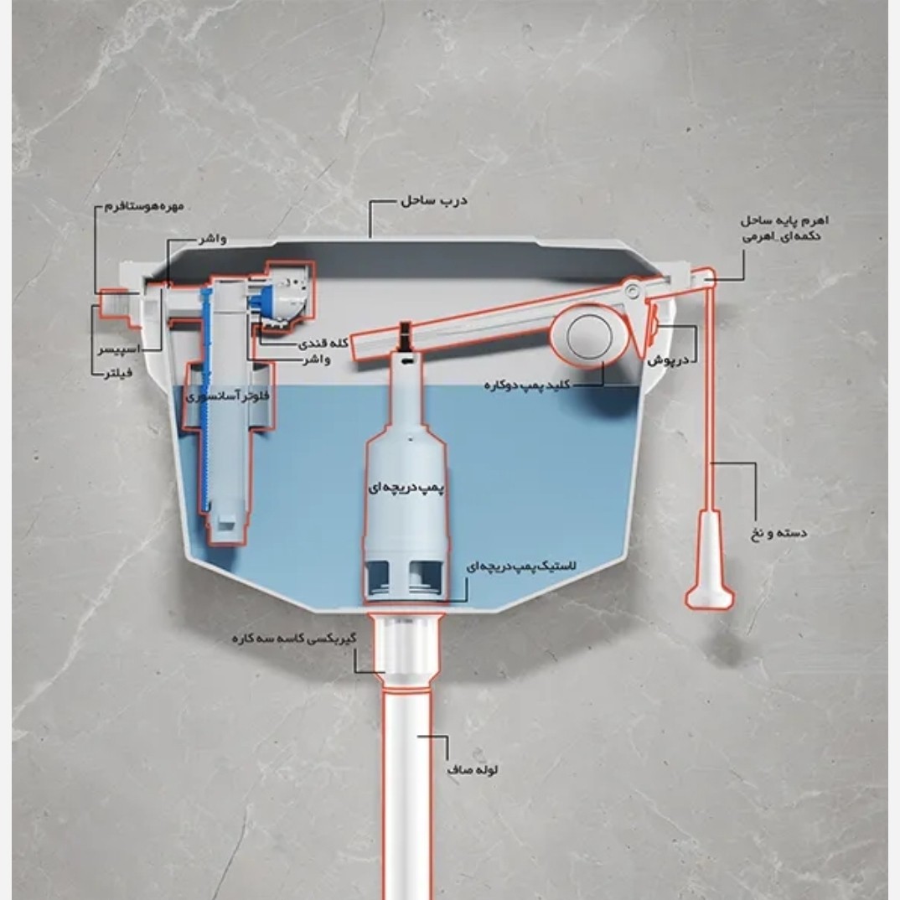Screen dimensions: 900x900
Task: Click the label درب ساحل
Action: pyautogui.click(x=434, y=200)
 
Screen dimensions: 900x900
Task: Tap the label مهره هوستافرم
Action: pyautogui.click(x=144, y=205)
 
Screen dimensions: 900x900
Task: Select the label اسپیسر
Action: pyautogui.click(x=119, y=349)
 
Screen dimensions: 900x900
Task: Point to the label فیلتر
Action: pyautogui.click(x=118, y=373)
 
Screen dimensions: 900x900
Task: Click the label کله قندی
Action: pyautogui.click(x=323, y=344)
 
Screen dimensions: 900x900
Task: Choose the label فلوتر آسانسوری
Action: pyautogui.click(x=228, y=396)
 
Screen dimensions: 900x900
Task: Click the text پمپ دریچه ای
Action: pyautogui.click(x=406, y=488)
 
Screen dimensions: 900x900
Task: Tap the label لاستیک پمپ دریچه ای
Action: pyautogui.click(x=522, y=566)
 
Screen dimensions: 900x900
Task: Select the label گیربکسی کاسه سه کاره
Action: pyautogui.click(x=294, y=639)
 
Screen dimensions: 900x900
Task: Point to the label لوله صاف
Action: pyautogui.click(x=473, y=770)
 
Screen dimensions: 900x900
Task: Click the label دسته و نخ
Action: pyautogui.click(x=778, y=533)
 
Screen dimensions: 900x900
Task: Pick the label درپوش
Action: pyautogui.click(x=668, y=360)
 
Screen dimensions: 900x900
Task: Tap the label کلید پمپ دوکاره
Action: pyautogui.click(x=527, y=385)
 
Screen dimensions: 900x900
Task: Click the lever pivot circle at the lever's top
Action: pyautogui.click(x=633, y=291)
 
